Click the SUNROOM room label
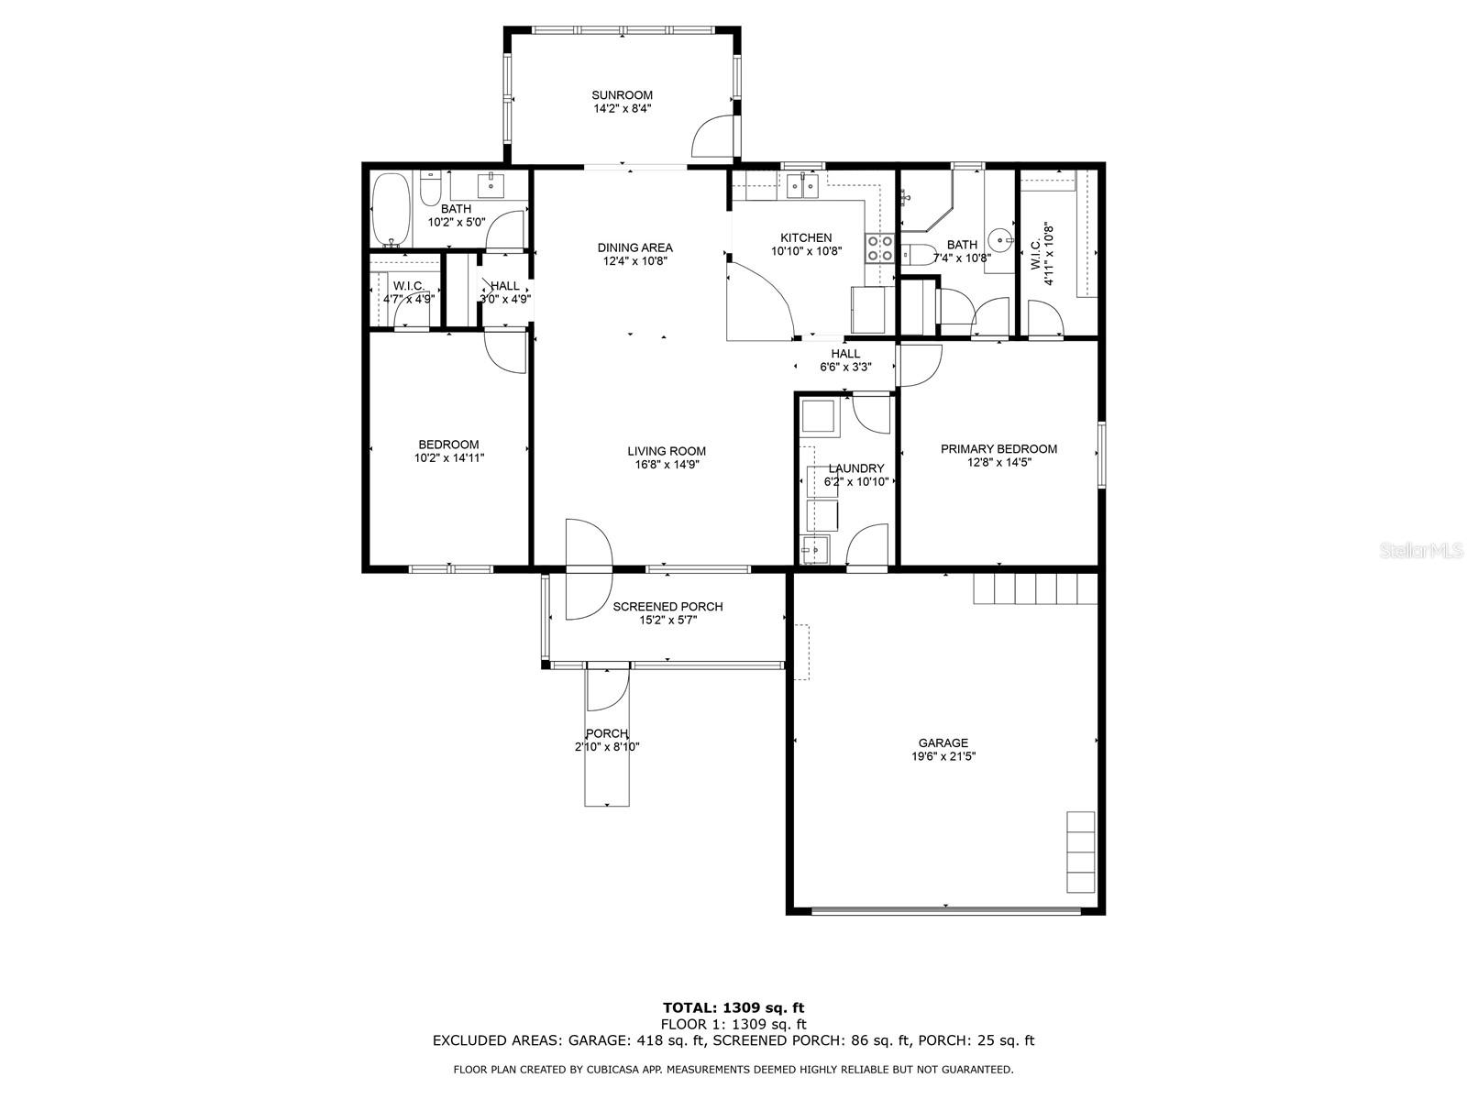coord(622,94)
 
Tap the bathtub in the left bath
coord(391,210)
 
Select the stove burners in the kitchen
coord(879,247)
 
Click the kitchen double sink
coord(801,186)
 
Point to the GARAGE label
coord(943,742)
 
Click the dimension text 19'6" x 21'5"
coord(943,757)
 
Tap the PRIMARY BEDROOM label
coord(998,449)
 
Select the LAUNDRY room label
coord(856,468)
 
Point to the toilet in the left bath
coord(430,188)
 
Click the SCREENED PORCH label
coord(667,607)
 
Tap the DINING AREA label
coord(634,247)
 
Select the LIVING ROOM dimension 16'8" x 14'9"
coord(667,465)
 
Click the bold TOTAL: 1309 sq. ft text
coord(733,1007)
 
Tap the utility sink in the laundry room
coord(814,550)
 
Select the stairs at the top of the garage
coord(1034,588)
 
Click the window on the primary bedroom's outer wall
coord(1101,454)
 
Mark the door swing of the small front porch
coord(608,687)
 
